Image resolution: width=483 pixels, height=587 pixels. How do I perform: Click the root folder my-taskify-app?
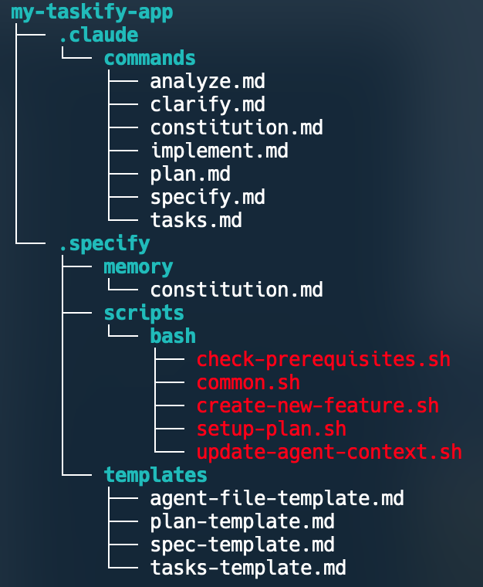92,12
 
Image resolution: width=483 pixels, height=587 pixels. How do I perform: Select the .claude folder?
98,36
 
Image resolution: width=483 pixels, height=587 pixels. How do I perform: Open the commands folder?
150,59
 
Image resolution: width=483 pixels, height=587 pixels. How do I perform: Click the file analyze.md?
208,81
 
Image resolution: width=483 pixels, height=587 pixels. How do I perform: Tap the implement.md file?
219,151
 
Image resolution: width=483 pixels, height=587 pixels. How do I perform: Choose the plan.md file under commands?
191,174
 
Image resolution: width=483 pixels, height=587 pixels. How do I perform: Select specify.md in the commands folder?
208,197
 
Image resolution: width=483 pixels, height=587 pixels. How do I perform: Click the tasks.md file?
196,220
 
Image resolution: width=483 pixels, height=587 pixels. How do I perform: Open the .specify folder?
104,243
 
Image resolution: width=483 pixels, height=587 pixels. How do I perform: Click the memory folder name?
138,266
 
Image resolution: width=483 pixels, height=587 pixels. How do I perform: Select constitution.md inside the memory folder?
236,290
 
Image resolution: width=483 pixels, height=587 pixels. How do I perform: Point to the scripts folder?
144,313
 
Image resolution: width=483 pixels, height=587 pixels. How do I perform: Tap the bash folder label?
173,336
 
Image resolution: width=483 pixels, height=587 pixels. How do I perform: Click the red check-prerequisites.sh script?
323,359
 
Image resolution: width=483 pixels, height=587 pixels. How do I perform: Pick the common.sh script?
248,382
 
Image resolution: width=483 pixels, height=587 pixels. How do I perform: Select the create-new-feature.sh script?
317,405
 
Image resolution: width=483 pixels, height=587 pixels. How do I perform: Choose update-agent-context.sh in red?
329,452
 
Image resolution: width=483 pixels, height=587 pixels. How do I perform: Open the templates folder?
155,474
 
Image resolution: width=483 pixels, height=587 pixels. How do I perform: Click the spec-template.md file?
242,545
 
